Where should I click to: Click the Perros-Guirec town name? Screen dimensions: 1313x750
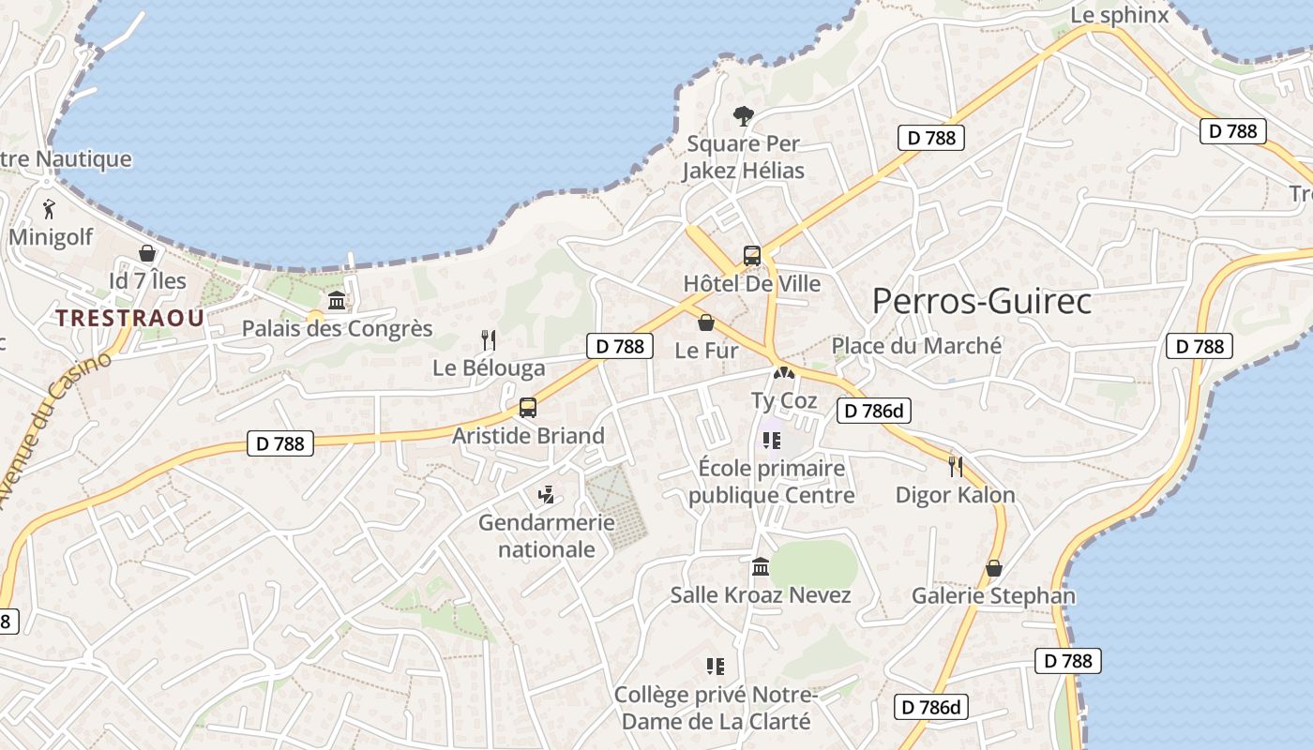click(x=982, y=302)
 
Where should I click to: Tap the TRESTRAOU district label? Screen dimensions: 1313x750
click(x=129, y=318)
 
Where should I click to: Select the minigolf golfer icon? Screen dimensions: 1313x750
click(x=50, y=210)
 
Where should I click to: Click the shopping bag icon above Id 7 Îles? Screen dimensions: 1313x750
click(x=147, y=253)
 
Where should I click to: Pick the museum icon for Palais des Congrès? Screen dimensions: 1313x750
click(x=337, y=301)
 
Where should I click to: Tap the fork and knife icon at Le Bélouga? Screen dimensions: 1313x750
click(x=488, y=339)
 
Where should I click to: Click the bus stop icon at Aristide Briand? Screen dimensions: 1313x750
click(x=528, y=408)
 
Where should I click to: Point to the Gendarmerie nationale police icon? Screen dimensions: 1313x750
click(x=546, y=495)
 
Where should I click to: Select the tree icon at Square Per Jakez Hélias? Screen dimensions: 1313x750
click(x=743, y=116)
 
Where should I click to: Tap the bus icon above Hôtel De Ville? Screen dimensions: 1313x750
click(x=752, y=255)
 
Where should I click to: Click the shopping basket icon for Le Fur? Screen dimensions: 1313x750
click(x=706, y=323)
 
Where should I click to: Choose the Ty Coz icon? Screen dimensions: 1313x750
click(x=782, y=373)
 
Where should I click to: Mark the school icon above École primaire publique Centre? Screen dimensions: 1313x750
click(x=772, y=440)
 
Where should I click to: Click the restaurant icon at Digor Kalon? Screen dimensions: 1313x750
click(x=956, y=467)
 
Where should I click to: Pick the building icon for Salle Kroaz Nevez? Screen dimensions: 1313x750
click(x=761, y=567)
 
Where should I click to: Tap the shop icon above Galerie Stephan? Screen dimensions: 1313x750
click(x=994, y=568)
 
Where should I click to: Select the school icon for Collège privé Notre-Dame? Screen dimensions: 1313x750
click(x=716, y=667)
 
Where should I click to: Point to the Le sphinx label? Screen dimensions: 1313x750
click(x=1120, y=15)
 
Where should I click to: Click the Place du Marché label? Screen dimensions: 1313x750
click(x=917, y=346)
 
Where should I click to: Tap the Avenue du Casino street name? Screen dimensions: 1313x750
click(x=54, y=431)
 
